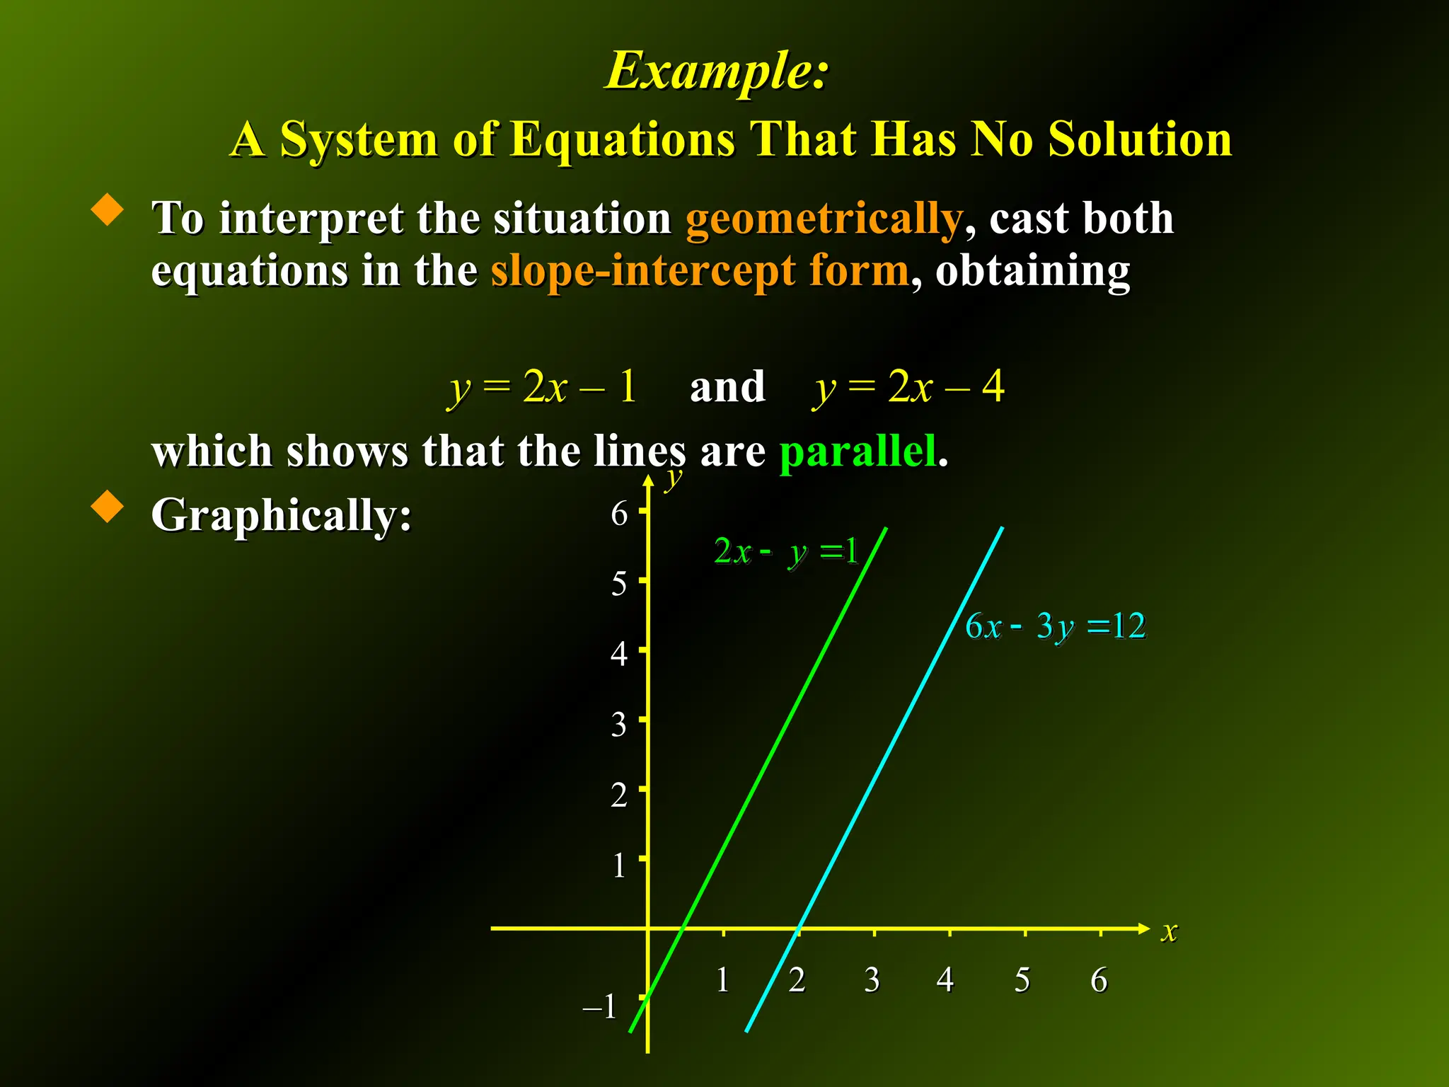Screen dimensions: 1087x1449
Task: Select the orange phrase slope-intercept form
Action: tap(699, 270)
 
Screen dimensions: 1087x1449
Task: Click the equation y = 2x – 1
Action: tap(543, 387)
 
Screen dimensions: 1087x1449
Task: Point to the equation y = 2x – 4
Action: tap(908, 387)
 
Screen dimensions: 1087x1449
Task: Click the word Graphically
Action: tap(281, 514)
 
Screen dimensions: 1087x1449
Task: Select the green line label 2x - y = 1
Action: tap(785, 551)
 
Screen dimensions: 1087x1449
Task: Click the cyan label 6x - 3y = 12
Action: tap(1055, 626)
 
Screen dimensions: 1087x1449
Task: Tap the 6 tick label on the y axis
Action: tap(619, 513)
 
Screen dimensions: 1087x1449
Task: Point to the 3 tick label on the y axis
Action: tap(619, 725)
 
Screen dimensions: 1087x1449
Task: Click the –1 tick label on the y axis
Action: tap(600, 1006)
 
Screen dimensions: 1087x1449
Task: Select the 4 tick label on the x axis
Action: tap(945, 980)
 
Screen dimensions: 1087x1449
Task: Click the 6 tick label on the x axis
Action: tap(1099, 980)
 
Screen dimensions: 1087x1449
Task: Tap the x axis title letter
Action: tap(1169, 931)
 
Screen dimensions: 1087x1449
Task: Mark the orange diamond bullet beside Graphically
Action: tap(108, 507)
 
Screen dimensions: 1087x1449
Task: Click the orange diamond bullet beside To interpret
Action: tap(108, 210)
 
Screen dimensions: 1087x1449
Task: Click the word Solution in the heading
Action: tap(1140, 139)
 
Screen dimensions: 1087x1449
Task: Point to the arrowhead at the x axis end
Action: tap(1144, 928)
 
